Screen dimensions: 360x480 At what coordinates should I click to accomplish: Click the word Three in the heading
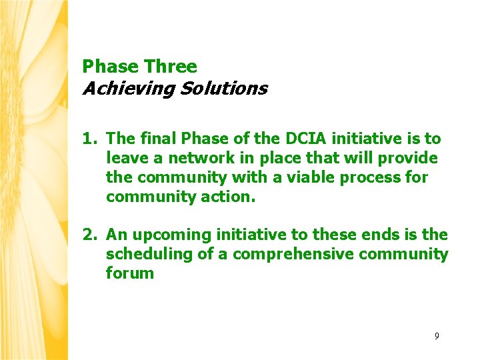pos(171,67)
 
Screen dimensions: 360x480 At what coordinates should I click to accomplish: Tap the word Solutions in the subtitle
pos(223,89)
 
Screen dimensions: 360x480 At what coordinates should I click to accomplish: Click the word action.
pos(228,197)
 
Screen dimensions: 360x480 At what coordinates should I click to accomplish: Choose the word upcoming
pos(165,235)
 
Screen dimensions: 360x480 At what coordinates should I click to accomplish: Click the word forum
pos(130,273)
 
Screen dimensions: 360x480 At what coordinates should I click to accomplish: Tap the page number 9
pos(437,336)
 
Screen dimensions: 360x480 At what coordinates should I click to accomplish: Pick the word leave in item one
pos(126,158)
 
